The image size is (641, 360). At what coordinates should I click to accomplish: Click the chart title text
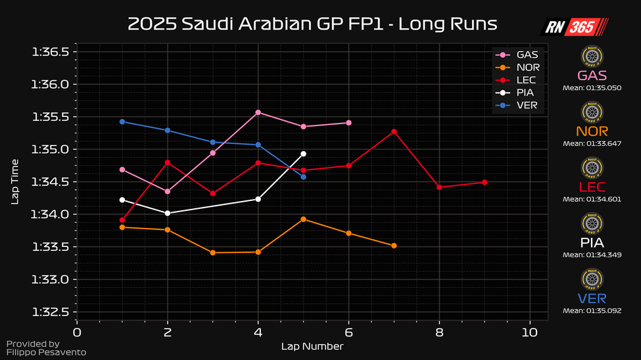tap(312, 24)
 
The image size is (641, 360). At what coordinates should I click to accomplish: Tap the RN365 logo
tap(574, 26)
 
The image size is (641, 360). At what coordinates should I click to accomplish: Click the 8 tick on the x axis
tap(439, 332)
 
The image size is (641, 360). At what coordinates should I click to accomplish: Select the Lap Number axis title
tap(312, 346)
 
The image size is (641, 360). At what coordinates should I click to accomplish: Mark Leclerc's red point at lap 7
tap(394, 131)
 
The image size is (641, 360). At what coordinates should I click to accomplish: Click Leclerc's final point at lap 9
tap(485, 182)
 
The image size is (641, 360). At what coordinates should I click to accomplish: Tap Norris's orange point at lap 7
tap(394, 246)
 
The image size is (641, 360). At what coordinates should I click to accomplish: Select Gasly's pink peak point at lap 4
tap(258, 112)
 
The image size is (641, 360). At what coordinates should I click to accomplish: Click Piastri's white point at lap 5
tap(303, 154)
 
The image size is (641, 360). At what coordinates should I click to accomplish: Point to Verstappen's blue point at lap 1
tap(122, 122)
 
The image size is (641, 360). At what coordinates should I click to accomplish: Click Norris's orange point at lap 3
tap(212, 252)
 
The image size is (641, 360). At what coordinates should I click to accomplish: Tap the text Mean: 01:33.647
tap(592, 143)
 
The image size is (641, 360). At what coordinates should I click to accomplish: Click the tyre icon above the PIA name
tap(592, 225)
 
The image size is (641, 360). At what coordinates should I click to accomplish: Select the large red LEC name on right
tap(592, 187)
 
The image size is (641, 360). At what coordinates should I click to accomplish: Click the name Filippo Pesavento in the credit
tap(45, 353)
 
